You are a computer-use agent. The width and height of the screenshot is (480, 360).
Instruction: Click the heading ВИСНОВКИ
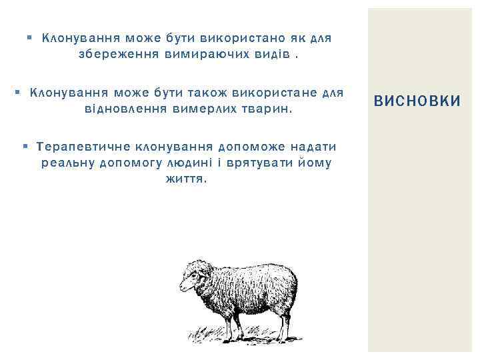[417, 101]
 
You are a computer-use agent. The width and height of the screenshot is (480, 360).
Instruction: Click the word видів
[271, 54]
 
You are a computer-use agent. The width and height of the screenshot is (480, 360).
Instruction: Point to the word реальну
[67, 162]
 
